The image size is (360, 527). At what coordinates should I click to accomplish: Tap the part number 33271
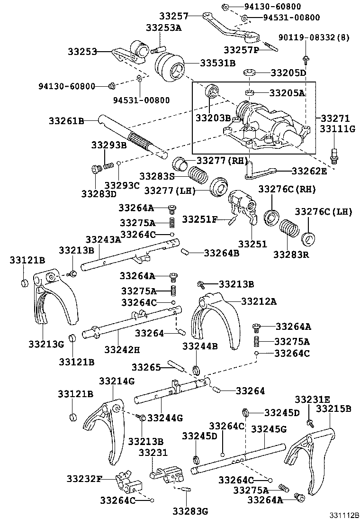(x=335, y=118)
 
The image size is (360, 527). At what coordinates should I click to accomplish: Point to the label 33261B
(x=66, y=121)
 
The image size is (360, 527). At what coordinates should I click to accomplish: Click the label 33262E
(x=309, y=171)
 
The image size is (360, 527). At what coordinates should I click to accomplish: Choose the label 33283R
(x=291, y=254)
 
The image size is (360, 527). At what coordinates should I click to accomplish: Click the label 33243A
(x=103, y=239)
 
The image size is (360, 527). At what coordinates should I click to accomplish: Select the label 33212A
(x=259, y=300)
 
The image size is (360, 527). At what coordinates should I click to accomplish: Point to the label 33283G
(x=190, y=511)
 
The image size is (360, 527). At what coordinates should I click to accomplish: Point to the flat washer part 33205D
(x=250, y=73)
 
